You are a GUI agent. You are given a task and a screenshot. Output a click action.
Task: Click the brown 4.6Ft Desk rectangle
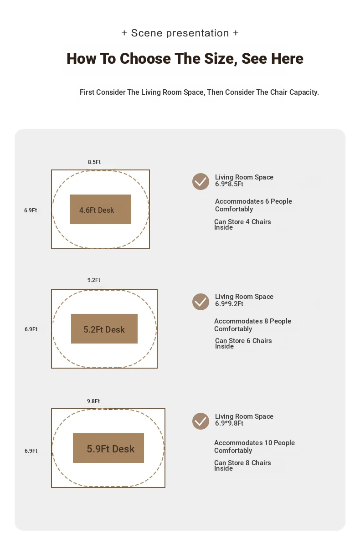click(100, 209)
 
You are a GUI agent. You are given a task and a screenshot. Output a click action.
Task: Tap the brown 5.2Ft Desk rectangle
click(104, 328)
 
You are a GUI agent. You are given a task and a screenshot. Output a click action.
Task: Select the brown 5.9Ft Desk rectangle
click(108, 448)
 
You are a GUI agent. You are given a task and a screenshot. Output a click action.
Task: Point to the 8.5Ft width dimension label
click(94, 162)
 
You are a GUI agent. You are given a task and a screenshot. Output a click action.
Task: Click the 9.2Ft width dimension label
click(94, 280)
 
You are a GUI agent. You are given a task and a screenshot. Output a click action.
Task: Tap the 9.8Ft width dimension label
click(93, 401)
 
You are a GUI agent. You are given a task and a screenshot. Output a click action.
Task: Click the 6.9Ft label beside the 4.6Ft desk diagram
click(31, 210)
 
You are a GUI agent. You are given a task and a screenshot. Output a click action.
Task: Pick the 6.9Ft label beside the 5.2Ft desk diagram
click(31, 329)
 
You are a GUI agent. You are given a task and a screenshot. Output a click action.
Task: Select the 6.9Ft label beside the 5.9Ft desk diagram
click(31, 451)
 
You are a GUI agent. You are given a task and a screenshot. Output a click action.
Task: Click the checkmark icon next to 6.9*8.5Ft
click(201, 182)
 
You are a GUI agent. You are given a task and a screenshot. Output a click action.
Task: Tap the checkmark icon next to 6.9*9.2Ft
click(201, 302)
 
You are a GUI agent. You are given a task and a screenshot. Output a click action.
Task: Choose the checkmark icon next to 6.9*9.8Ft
click(201, 421)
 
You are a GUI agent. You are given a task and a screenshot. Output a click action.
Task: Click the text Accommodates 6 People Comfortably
click(253, 205)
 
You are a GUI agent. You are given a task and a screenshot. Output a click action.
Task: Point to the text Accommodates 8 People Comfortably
click(252, 325)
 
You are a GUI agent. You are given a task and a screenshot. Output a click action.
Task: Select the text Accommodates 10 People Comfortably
click(254, 446)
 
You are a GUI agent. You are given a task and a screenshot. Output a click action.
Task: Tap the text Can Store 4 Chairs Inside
click(242, 225)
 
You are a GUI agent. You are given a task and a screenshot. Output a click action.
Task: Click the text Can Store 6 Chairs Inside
click(243, 344)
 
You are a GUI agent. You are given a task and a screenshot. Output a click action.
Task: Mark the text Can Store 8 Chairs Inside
click(242, 466)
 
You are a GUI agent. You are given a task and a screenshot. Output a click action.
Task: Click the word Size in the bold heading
click(221, 59)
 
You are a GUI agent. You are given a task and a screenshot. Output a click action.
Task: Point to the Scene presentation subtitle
click(180, 33)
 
